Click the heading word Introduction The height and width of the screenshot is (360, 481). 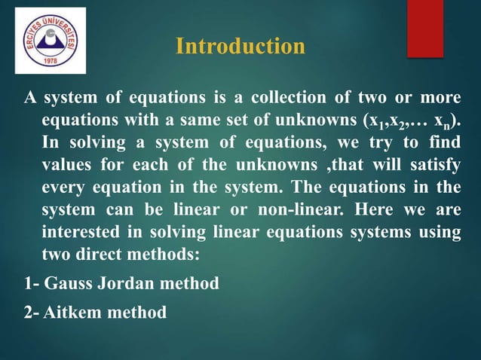pos(240,47)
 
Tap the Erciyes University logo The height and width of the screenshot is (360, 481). pos(50,41)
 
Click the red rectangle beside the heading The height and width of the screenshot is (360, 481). pos(425,29)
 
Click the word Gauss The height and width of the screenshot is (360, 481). pos(72,284)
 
